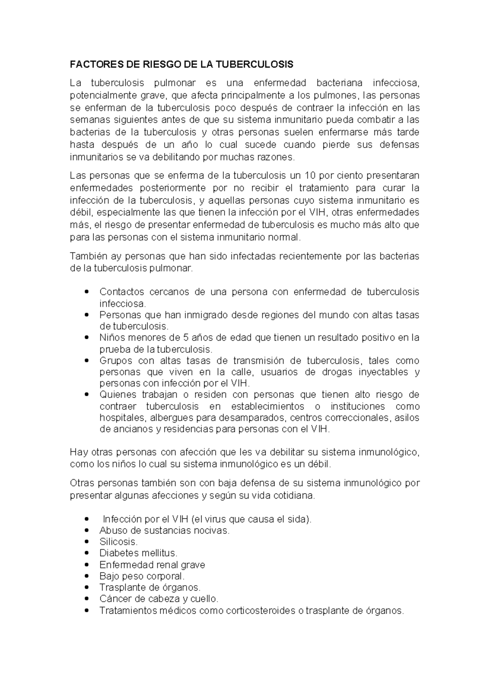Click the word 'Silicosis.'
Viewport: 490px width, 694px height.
click(118, 542)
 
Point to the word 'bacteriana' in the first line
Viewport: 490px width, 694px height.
click(339, 83)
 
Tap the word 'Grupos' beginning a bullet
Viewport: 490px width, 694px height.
click(116, 361)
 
